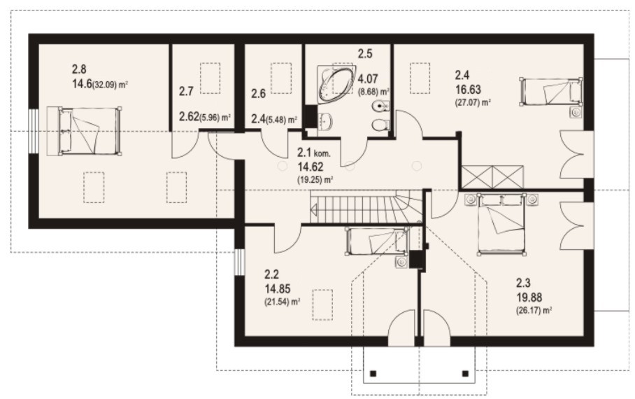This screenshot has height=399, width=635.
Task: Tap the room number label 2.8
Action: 79,69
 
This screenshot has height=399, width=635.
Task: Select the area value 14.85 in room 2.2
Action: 278,288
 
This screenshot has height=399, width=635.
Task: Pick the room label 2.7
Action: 186,91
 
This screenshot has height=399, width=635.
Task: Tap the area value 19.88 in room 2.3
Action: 529,297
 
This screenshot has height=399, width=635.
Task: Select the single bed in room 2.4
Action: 552,91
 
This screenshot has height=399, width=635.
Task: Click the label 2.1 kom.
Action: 314,153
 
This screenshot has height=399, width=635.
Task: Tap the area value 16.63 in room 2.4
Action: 468,89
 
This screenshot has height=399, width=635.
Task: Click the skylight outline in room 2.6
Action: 281,78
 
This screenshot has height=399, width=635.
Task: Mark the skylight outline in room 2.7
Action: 211,78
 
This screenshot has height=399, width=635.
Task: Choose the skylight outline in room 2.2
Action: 322,305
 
